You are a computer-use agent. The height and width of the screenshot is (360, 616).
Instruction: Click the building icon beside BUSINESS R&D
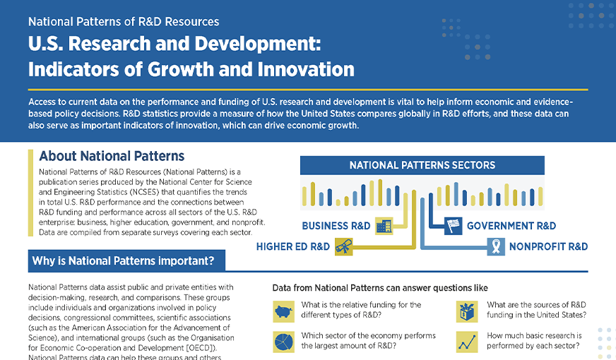(384, 226)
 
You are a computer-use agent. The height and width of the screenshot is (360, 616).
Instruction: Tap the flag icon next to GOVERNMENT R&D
(453, 226)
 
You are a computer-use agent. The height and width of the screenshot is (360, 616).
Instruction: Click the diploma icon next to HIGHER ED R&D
(343, 246)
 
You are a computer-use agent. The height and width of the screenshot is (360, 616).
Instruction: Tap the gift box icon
(466, 311)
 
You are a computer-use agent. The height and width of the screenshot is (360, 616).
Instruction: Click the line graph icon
(466, 342)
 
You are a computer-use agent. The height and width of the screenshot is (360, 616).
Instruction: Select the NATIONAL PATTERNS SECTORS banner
(422, 166)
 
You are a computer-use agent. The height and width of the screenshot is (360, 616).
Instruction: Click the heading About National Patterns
(112, 156)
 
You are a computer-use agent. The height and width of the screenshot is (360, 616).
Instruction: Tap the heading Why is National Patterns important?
(122, 260)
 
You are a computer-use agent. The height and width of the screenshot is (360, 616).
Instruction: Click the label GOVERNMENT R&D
(511, 226)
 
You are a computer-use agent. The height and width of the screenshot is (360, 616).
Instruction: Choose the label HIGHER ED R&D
(292, 246)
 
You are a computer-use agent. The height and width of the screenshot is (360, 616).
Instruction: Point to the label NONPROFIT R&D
(548, 246)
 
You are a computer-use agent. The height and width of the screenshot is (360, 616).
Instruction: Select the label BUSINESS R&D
(336, 226)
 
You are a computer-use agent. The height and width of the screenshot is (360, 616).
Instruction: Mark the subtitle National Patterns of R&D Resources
(124, 22)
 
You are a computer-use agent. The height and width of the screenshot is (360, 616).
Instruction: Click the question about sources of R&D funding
(537, 310)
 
